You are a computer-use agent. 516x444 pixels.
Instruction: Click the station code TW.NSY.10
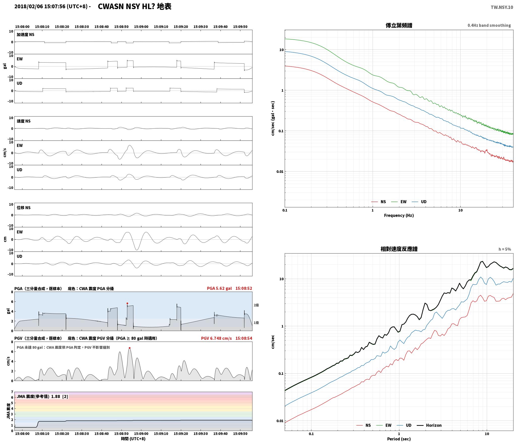coord(502,7)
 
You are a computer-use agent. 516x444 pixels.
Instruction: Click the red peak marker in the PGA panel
coord(127,303)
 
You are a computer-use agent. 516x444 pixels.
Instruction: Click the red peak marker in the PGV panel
coord(130,348)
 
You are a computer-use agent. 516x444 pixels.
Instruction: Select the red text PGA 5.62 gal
coord(219,288)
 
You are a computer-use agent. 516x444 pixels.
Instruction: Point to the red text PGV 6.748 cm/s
coord(216,338)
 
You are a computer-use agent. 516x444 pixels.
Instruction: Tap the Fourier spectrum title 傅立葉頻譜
coord(399,25)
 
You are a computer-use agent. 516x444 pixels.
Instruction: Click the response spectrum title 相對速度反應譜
coord(399,249)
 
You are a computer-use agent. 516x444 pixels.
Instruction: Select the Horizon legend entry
coord(429,425)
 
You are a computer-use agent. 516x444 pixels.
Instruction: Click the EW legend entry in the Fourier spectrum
coord(399,202)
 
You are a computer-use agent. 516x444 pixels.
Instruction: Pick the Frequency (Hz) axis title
coord(399,215)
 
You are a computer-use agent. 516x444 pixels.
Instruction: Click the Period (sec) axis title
coord(399,439)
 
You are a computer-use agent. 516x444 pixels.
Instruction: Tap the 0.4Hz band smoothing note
coord(489,25)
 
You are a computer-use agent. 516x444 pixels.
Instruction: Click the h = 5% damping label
coord(505,249)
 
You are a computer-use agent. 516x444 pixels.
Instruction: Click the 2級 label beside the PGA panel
coord(256,305)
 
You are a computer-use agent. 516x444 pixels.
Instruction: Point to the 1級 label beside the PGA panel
coord(256,323)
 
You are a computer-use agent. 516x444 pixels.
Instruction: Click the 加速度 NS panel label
coord(25,35)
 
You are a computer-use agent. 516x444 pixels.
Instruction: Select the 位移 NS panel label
coord(24,208)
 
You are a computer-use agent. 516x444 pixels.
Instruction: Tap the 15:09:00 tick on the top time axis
coord(141,27)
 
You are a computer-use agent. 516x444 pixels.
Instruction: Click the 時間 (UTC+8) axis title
coord(133,439)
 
